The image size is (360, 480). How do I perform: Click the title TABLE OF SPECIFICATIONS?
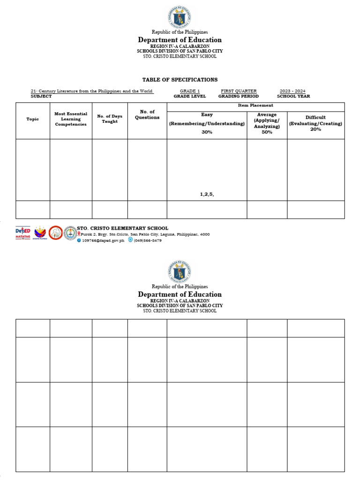click(x=180, y=80)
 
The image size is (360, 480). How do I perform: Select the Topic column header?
click(x=33, y=119)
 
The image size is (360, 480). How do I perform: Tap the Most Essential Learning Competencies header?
click(x=71, y=119)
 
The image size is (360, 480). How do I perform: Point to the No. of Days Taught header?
click(x=110, y=119)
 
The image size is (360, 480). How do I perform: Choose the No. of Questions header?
click(x=147, y=114)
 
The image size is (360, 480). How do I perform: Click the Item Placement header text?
click(x=255, y=105)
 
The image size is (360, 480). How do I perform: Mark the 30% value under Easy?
click(x=207, y=132)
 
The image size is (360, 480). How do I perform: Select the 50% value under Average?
click(x=267, y=132)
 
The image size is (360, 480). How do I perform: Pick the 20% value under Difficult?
click(x=315, y=129)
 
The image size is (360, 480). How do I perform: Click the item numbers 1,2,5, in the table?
click(x=207, y=194)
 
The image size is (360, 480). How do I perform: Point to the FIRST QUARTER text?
click(x=239, y=91)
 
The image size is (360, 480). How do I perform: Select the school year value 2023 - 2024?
click(x=293, y=91)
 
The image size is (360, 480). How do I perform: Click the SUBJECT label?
click(x=41, y=96)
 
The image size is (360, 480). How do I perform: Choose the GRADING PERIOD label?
click(x=238, y=96)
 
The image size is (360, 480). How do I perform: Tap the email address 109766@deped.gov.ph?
click(x=103, y=240)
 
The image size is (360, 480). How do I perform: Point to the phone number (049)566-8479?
click(x=148, y=240)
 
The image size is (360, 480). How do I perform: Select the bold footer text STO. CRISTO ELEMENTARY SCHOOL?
click(x=122, y=228)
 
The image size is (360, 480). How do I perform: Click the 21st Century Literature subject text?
click(x=92, y=91)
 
